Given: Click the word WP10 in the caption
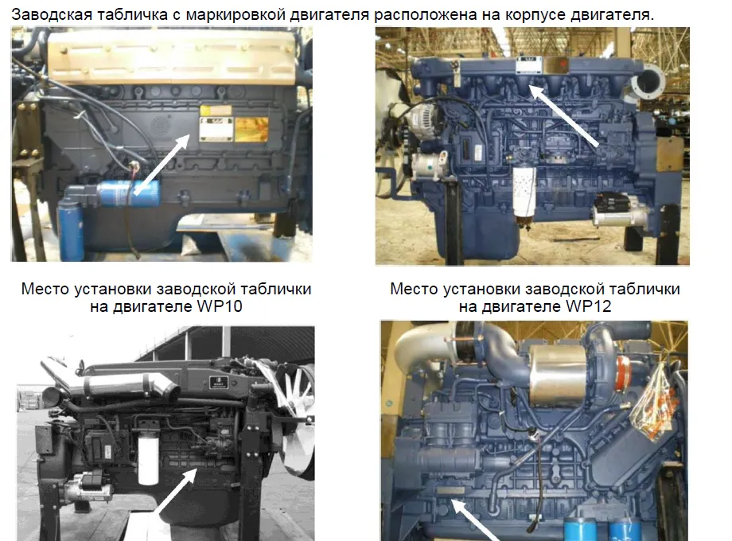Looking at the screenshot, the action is pos(220,306).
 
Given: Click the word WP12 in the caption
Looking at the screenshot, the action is pos(588,306).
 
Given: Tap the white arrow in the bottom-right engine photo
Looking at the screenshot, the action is pos(473,520).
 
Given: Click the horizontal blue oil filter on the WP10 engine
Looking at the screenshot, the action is pos(127,193).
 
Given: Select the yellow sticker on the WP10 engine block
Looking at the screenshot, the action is pos(251,129).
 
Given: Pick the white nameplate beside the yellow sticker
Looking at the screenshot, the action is pos(216,129).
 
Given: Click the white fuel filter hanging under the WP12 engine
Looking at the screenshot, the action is pos(525,196).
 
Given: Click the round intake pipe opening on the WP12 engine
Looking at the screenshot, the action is pos(648,81).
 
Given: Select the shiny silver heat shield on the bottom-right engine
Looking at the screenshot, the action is pos(559,374).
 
